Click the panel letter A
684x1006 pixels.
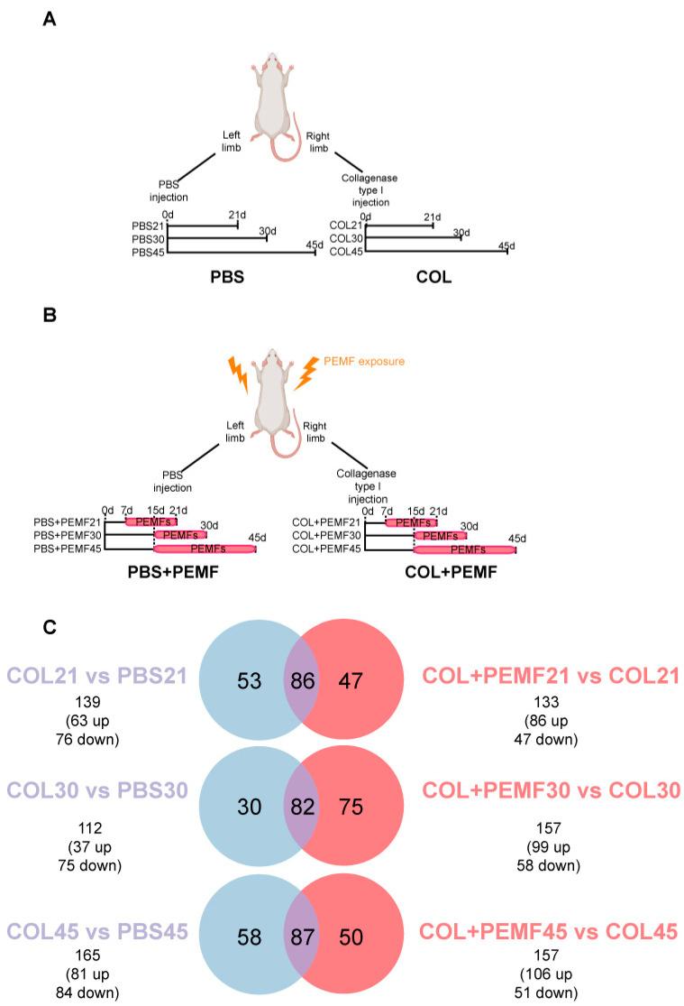[50, 19]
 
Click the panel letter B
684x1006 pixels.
[50, 318]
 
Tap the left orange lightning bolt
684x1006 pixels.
[239, 375]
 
